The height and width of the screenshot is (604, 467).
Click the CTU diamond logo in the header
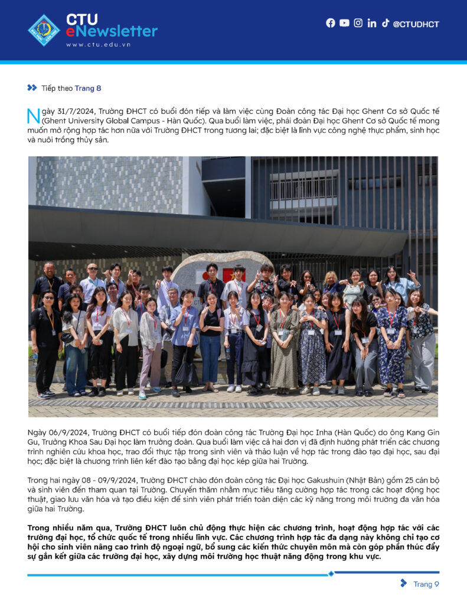click(x=44, y=30)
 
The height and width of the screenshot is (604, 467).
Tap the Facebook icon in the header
click(x=331, y=23)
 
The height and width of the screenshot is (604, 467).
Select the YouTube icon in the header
click(x=344, y=23)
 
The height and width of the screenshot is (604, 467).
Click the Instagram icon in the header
click(x=358, y=23)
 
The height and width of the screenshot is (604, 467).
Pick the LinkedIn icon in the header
click(x=372, y=23)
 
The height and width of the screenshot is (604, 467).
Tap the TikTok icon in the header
click(x=386, y=23)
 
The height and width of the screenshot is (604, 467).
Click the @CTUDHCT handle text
click(x=416, y=24)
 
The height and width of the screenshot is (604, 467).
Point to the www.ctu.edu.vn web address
click(x=99, y=44)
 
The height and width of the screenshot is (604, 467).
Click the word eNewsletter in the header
click(x=112, y=31)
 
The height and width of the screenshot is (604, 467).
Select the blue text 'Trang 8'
click(x=87, y=88)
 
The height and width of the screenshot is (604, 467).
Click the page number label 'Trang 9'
click(x=426, y=584)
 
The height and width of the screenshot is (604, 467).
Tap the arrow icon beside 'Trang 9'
click(x=404, y=583)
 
